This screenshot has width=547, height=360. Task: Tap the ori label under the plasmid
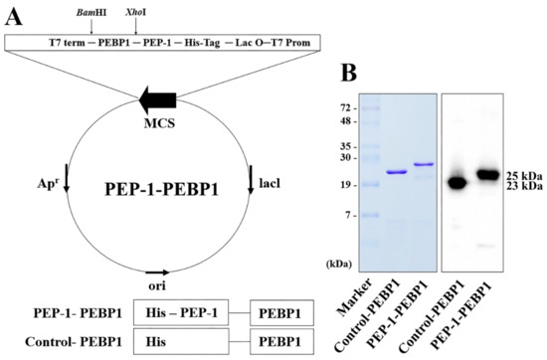[154, 286]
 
